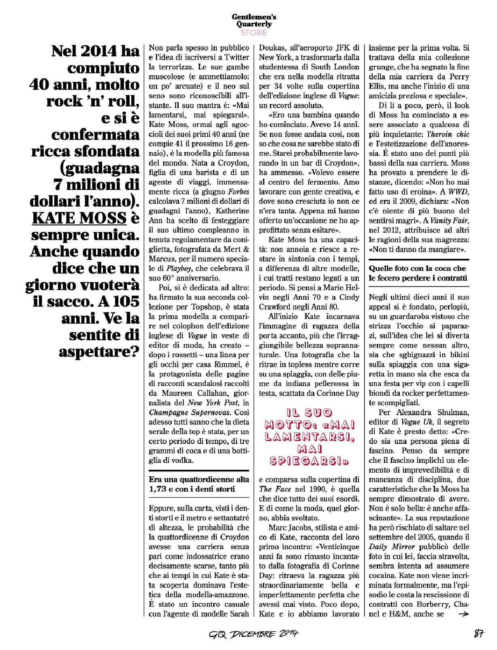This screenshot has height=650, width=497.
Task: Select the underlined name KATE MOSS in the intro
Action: (x=79, y=218)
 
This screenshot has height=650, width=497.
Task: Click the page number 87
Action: (x=479, y=634)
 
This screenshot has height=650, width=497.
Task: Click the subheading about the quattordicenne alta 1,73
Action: (x=199, y=484)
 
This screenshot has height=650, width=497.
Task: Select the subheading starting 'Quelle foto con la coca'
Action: (x=417, y=273)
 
